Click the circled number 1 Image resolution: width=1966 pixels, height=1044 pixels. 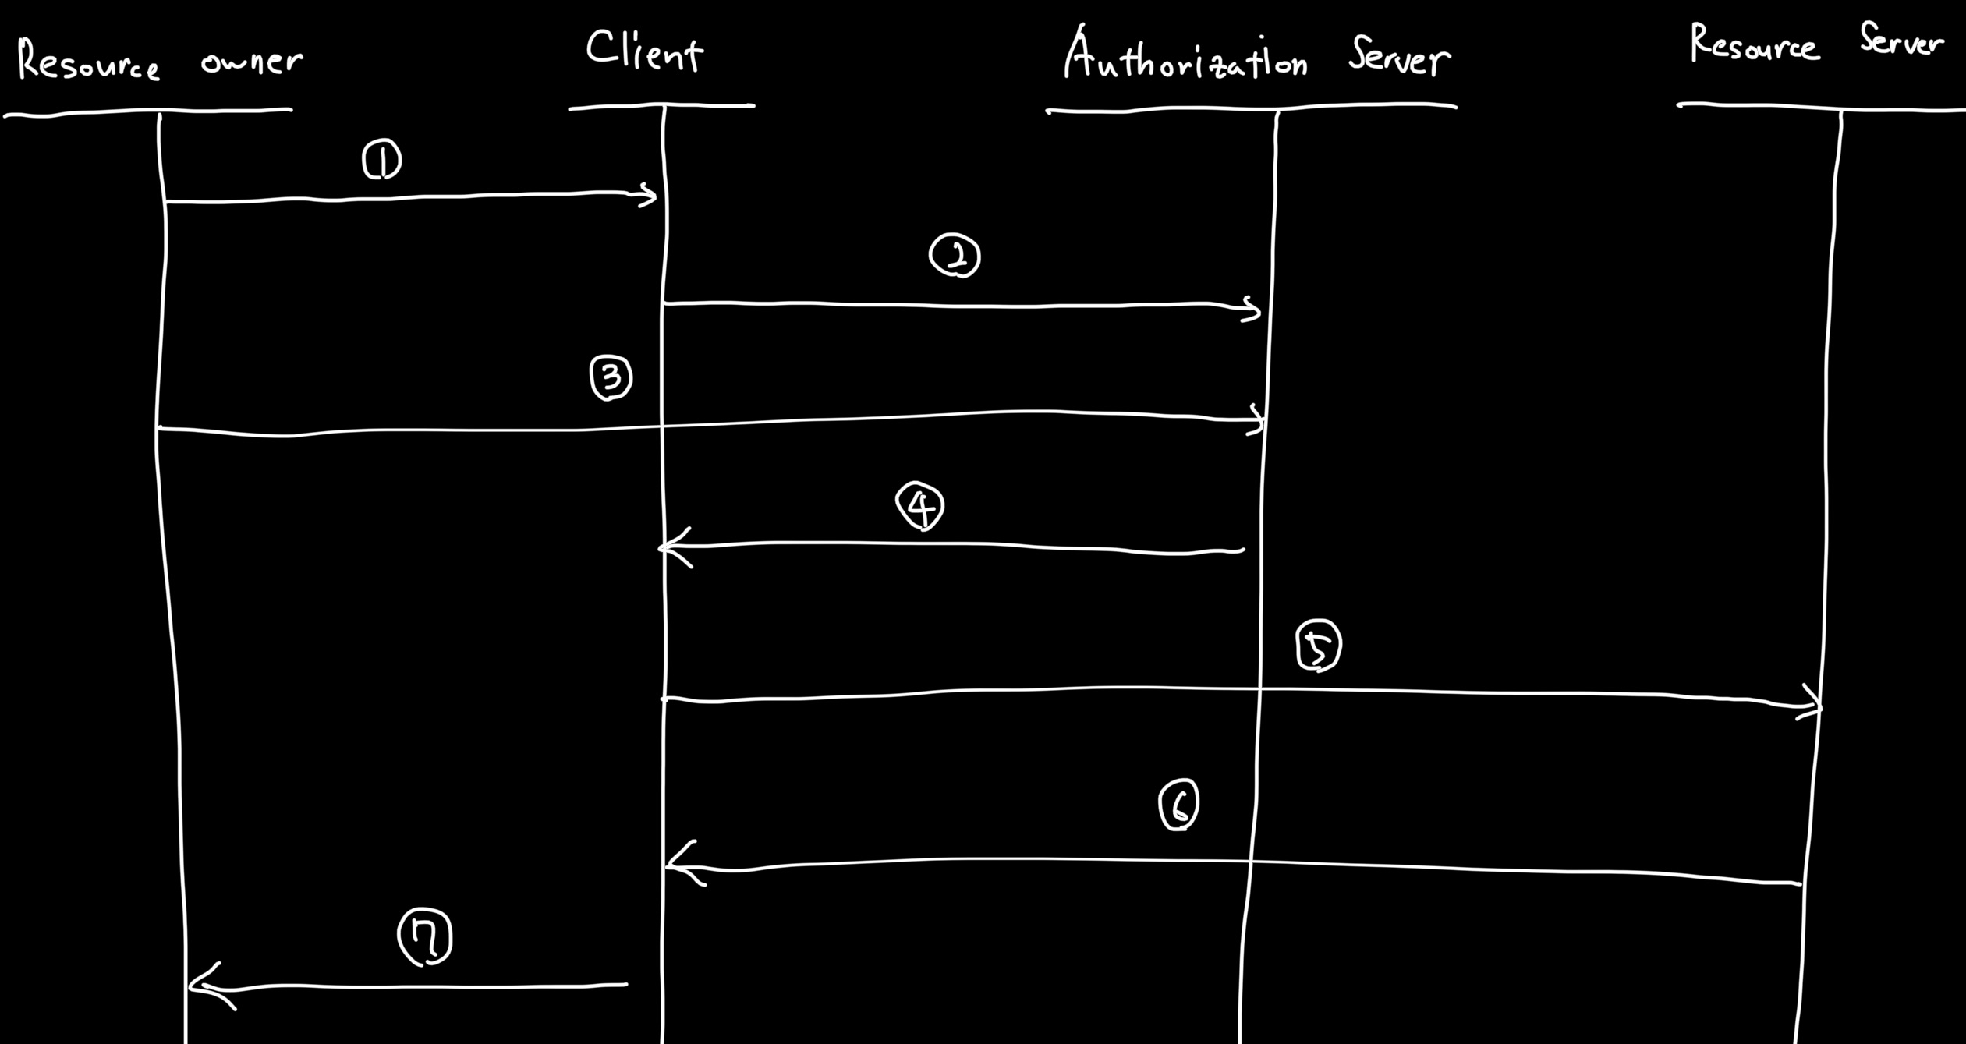point(382,160)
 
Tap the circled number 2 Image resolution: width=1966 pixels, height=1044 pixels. point(955,256)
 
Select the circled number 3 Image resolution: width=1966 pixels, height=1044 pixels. point(611,378)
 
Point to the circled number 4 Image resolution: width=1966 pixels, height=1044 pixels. point(920,506)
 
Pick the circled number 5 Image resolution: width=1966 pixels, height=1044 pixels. point(1318,646)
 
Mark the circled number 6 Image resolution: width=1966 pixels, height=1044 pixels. point(1178,805)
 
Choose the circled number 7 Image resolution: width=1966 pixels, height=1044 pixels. point(425,936)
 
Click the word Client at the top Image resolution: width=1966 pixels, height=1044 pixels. point(644,51)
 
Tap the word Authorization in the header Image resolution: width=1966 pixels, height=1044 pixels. point(1185,56)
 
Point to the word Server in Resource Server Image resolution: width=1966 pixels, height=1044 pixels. point(1901,41)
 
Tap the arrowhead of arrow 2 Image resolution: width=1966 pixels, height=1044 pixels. point(1255,310)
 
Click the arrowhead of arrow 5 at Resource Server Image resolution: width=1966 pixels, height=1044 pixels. point(1815,706)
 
